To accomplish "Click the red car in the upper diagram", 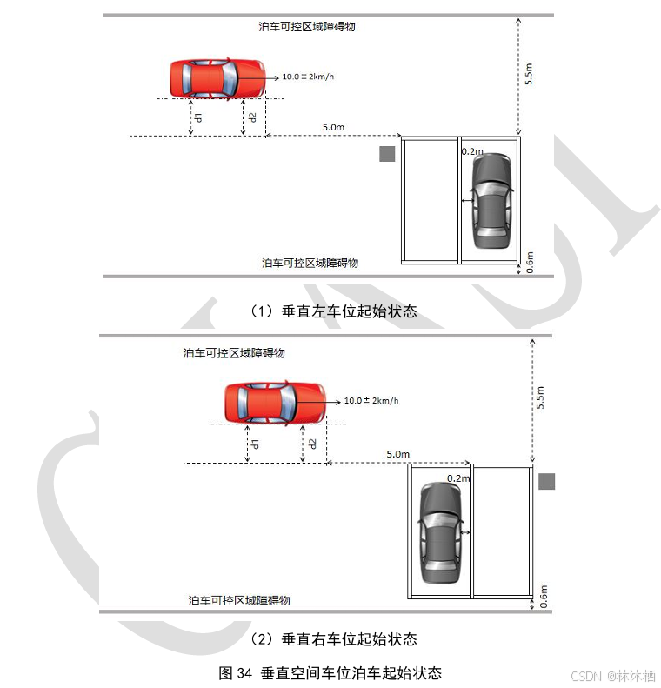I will [x=217, y=77].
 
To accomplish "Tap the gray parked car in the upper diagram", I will [x=491, y=201].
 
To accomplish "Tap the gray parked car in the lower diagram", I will [x=440, y=532].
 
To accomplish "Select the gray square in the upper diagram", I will [x=387, y=154].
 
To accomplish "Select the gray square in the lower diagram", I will [x=546, y=481].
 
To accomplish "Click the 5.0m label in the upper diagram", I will [x=333, y=128].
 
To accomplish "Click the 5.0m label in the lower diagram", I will [x=397, y=454].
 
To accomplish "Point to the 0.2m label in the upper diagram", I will [x=472, y=151].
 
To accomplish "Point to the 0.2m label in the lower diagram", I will [x=457, y=478].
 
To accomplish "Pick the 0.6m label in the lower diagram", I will [x=544, y=597].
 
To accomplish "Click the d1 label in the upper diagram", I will [x=198, y=117].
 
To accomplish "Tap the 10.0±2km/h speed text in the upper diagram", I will [x=308, y=77].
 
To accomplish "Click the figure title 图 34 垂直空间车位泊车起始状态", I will [x=330, y=672].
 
